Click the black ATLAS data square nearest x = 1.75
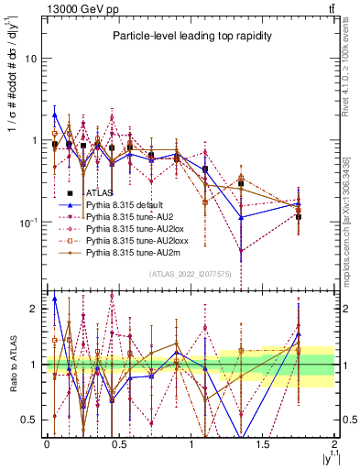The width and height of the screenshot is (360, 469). click(x=299, y=217)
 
